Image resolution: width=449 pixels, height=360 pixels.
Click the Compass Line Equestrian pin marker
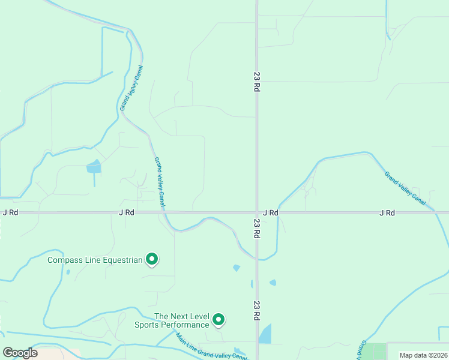[152, 259]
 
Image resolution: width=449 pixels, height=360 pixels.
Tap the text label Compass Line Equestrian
[95, 260]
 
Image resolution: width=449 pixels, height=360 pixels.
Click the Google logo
[20, 353]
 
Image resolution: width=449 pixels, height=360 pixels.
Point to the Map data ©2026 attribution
[423, 355]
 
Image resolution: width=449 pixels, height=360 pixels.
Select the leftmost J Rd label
[10, 212]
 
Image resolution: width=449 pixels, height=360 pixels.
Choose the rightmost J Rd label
[387, 212]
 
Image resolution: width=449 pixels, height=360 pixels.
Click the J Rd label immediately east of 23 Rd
[271, 212]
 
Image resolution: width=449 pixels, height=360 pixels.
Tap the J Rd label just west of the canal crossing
[127, 212]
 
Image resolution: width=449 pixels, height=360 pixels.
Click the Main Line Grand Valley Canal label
[211, 347]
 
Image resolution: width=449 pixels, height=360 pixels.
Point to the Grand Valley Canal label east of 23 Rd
[405, 186]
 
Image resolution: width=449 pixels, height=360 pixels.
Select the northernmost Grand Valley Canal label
[131, 88]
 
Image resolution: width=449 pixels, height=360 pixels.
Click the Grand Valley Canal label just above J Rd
[160, 182]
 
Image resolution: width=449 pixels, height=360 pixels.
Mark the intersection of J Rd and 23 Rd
[257, 212]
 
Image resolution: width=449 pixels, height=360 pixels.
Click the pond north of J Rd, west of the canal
[94, 167]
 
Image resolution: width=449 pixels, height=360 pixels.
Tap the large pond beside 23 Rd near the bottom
[265, 334]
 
